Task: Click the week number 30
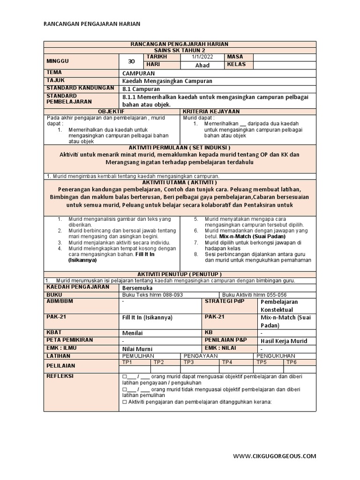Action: pyautogui.click(x=131, y=61)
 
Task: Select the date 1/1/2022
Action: pyautogui.click(x=202, y=57)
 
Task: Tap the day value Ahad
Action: pyautogui.click(x=202, y=65)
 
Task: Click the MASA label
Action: pyautogui.click(x=235, y=57)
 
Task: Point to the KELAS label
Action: pyautogui.click(x=237, y=65)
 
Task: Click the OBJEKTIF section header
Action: pyautogui.click(x=111, y=112)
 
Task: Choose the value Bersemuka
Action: pyautogui.click(x=136, y=287)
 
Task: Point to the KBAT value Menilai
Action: pyautogui.click(x=133, y=333)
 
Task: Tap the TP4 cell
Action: pyautogui.click(x=227, y=362)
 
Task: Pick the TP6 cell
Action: pyautogui.click(x=292, y=362)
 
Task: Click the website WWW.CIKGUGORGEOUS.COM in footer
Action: pyautogui.click(x=275, y=456)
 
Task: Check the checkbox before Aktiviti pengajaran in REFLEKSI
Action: pyautogui.click(x=124, y=402)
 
